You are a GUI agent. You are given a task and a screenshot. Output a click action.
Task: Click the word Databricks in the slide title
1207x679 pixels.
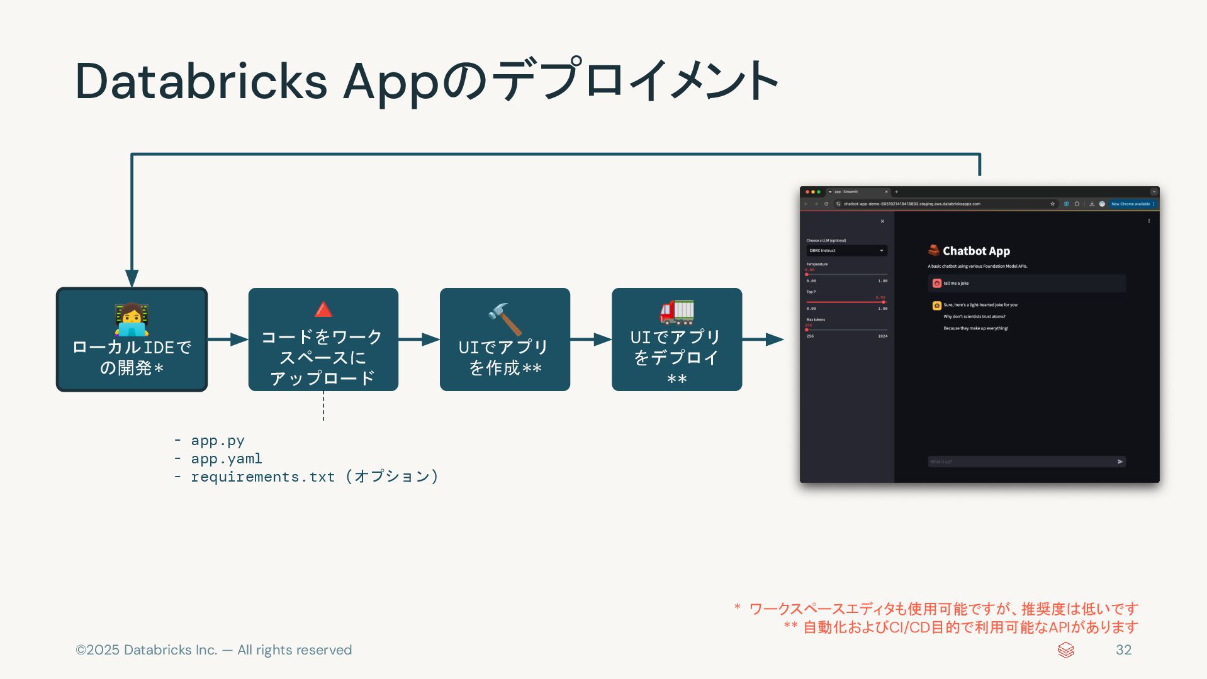tap(201, 81)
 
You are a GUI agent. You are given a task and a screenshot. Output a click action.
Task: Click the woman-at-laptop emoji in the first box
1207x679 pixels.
tap(132, 319)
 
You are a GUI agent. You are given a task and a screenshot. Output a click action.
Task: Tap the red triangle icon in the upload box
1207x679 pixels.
tap(323, 309)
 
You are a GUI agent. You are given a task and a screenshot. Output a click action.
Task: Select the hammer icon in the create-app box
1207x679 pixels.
tap(505, 319)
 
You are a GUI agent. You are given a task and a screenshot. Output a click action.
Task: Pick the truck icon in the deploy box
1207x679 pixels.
tap(676, 312)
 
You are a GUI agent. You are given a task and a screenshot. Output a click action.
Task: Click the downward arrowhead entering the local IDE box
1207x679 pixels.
tap(132, 278)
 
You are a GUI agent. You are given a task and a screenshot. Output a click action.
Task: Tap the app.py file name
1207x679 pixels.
tap(218, 441)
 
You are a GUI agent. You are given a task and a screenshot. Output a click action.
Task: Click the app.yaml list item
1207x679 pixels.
tap(227, 459)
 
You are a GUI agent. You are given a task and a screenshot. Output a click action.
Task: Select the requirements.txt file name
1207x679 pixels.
tap(262, 477)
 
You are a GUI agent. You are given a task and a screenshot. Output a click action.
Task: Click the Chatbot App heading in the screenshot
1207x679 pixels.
tap(976, 251)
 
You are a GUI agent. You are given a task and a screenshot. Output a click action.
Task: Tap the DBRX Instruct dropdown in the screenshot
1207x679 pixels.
tap(846, 250)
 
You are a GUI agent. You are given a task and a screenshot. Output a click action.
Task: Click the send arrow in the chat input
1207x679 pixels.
tap(1120, 461)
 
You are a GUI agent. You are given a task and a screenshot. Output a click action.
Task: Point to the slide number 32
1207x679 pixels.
tap(1123, 650)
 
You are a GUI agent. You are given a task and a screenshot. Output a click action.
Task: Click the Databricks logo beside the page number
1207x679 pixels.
tap(1066, 650)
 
